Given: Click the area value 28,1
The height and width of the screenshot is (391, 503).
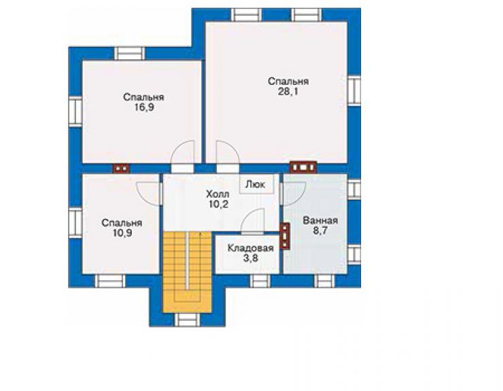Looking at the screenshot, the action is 288,92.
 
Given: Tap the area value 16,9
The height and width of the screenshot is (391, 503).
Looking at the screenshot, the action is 143,107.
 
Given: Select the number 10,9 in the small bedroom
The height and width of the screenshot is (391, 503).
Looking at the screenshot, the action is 122,233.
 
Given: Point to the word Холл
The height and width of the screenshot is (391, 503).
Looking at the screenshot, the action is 218,194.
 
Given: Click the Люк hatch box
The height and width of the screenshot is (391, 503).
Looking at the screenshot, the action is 257,184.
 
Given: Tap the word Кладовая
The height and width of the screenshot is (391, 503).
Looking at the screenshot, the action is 251,248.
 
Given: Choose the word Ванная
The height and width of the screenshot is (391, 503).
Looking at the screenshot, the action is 320,220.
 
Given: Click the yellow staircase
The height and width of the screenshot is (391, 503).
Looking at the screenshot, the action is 188,271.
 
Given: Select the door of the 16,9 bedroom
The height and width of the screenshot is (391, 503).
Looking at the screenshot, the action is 183,154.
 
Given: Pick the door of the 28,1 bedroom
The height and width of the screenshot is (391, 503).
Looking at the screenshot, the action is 228,154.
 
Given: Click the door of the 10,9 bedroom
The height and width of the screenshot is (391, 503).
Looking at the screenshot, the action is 149,194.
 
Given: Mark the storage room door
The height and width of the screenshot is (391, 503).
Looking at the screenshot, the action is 252,221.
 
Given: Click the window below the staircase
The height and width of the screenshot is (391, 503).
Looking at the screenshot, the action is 187,320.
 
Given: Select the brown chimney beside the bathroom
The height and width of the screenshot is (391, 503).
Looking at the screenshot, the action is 285,236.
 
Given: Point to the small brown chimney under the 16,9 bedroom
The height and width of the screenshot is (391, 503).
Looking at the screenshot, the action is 121,169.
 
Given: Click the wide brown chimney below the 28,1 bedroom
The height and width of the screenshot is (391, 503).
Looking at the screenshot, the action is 303,167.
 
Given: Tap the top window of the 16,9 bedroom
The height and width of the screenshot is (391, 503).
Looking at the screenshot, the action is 130,54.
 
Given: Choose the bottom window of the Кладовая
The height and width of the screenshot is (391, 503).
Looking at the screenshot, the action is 260,281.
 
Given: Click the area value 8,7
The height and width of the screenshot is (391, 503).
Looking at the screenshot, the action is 320,231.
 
